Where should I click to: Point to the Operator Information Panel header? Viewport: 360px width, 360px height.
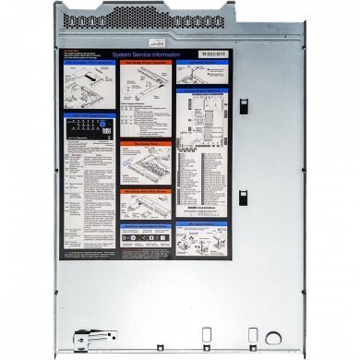click(148, 225)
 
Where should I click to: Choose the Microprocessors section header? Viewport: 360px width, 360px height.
click(203, 222)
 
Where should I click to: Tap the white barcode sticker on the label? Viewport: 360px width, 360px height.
click(213, 54)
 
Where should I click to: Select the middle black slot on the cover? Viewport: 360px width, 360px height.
click(243, 198)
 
